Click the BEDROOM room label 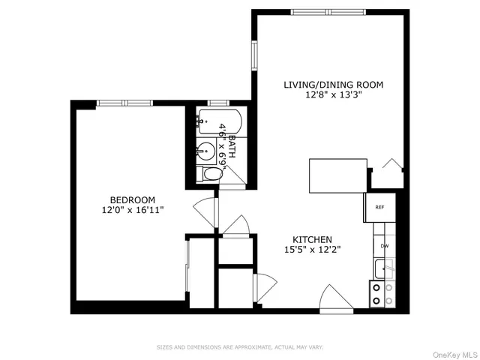pos(132,199)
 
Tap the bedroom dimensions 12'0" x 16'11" pos(132,210)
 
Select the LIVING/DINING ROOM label pos(333,85)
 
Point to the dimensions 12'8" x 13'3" pos(333,95)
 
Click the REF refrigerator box pos(380,208)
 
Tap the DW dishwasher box pos(384,245)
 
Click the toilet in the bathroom pos(210,174)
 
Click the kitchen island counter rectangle pos(338,175)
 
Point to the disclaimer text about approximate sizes pos(240,347)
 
